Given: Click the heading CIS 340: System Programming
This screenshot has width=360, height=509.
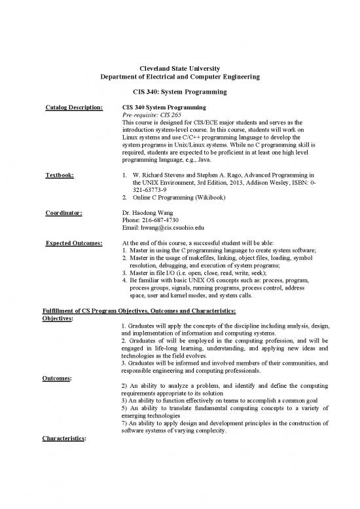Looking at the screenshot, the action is (x=179, y=93).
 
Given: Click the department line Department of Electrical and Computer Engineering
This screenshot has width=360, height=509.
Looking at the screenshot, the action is (x=179, y=77).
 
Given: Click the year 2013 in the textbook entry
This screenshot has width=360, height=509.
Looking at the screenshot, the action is (x=242, y=183).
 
